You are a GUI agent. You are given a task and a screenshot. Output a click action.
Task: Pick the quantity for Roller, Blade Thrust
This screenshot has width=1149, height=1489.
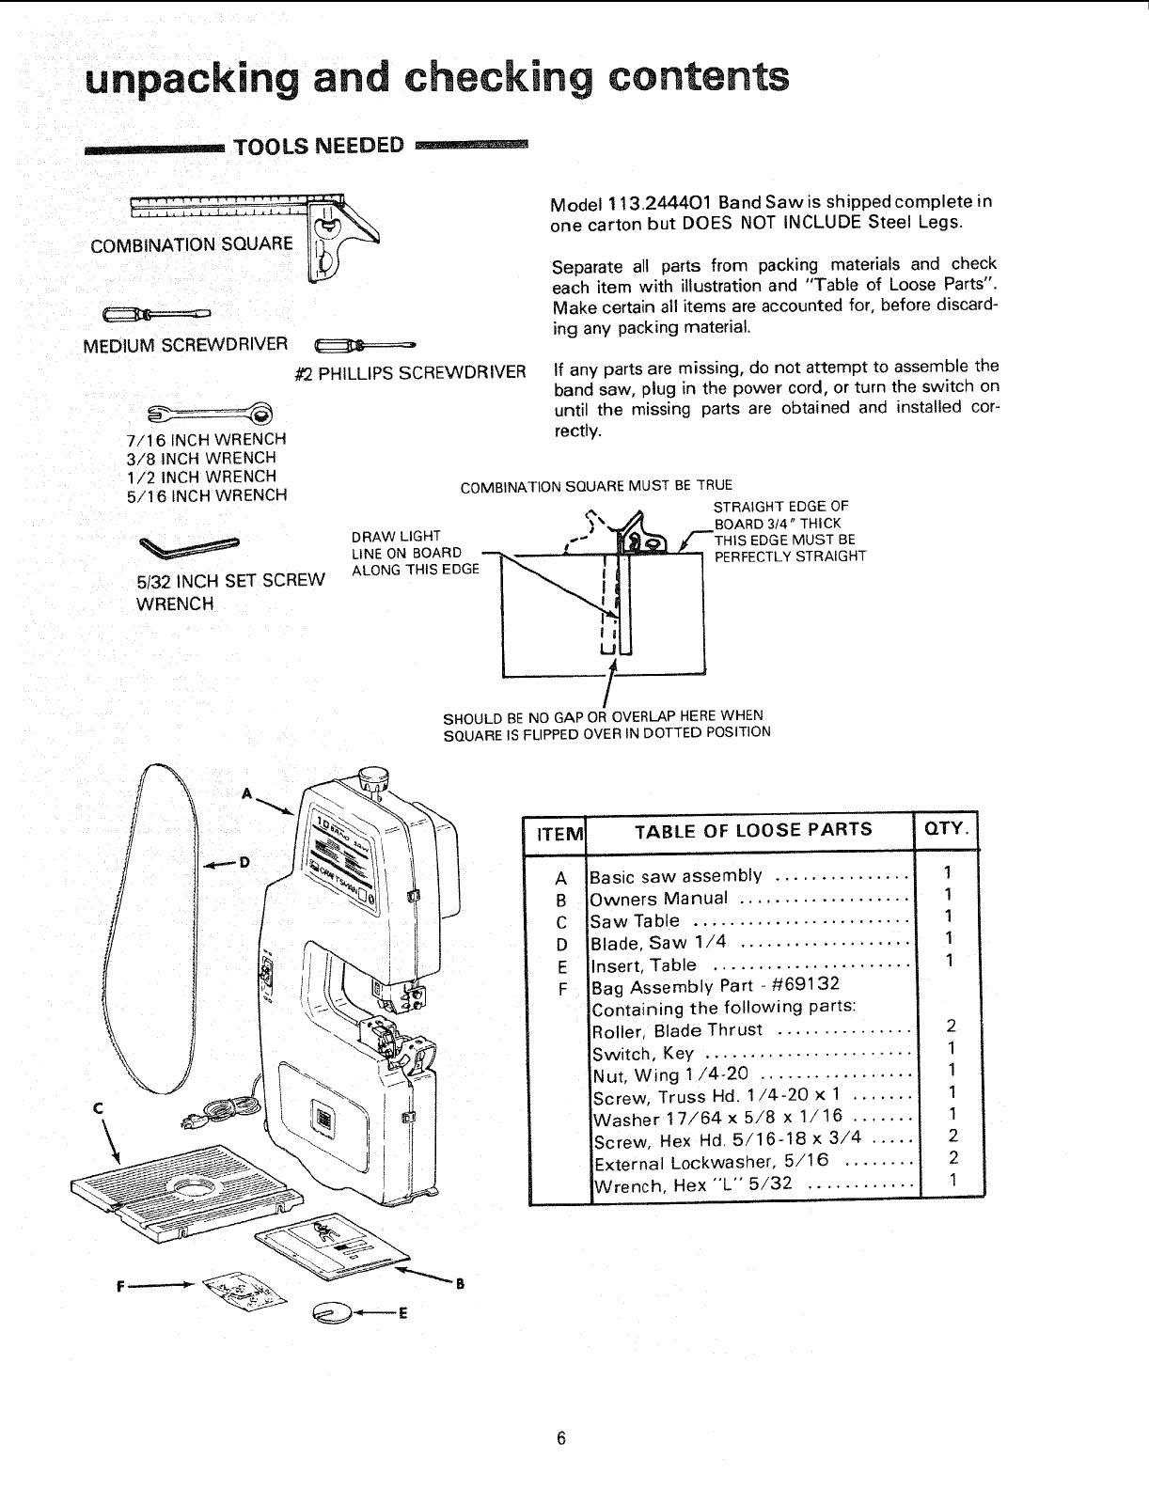[951, 1028]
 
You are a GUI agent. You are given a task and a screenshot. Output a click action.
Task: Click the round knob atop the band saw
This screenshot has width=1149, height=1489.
[373, 777]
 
